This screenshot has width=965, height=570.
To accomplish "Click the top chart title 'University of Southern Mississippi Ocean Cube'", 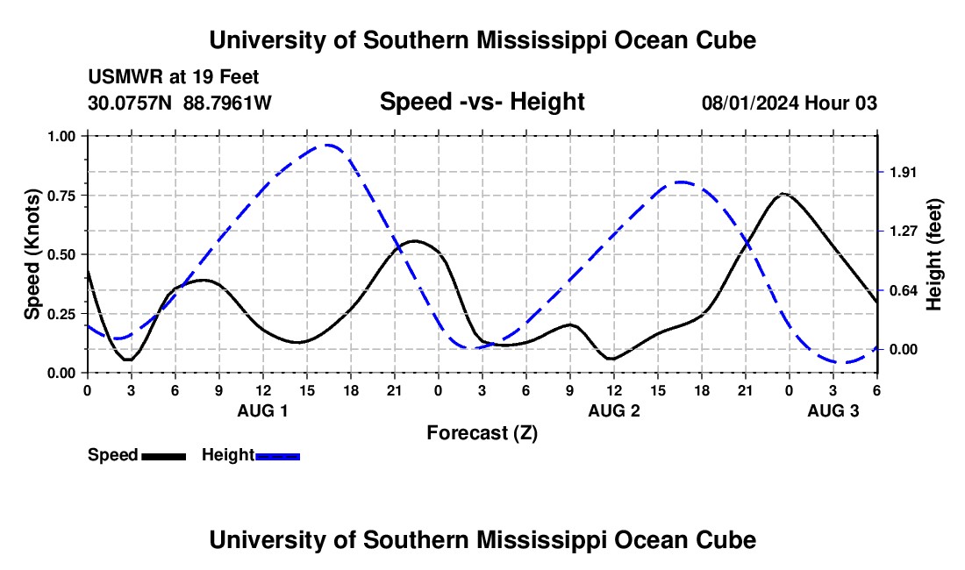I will click(x=482, y=40).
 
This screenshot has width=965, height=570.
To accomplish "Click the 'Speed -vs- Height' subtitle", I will click(x=482, y=102).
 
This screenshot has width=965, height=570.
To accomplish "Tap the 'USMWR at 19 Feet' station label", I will click(x=174, y=77).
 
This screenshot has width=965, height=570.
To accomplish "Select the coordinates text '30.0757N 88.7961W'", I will click(x=180, y=103).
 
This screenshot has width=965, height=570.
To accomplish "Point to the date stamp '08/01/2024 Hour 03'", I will click(x=790, y=103).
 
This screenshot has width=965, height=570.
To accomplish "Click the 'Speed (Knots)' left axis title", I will click(x=32, y=253).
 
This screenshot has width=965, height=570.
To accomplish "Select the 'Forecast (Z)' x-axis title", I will click(x=482, y=432).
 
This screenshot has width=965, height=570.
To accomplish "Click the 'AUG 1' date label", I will click(x=262, y=410).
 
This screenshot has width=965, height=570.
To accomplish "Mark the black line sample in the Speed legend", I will click(x=163, y=455).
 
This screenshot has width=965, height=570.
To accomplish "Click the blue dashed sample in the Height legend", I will click(x=277, y=455).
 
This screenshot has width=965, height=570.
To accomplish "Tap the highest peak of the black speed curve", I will click(x=783, y=194).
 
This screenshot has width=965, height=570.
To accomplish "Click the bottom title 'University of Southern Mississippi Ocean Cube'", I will click(x=482, y=540).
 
